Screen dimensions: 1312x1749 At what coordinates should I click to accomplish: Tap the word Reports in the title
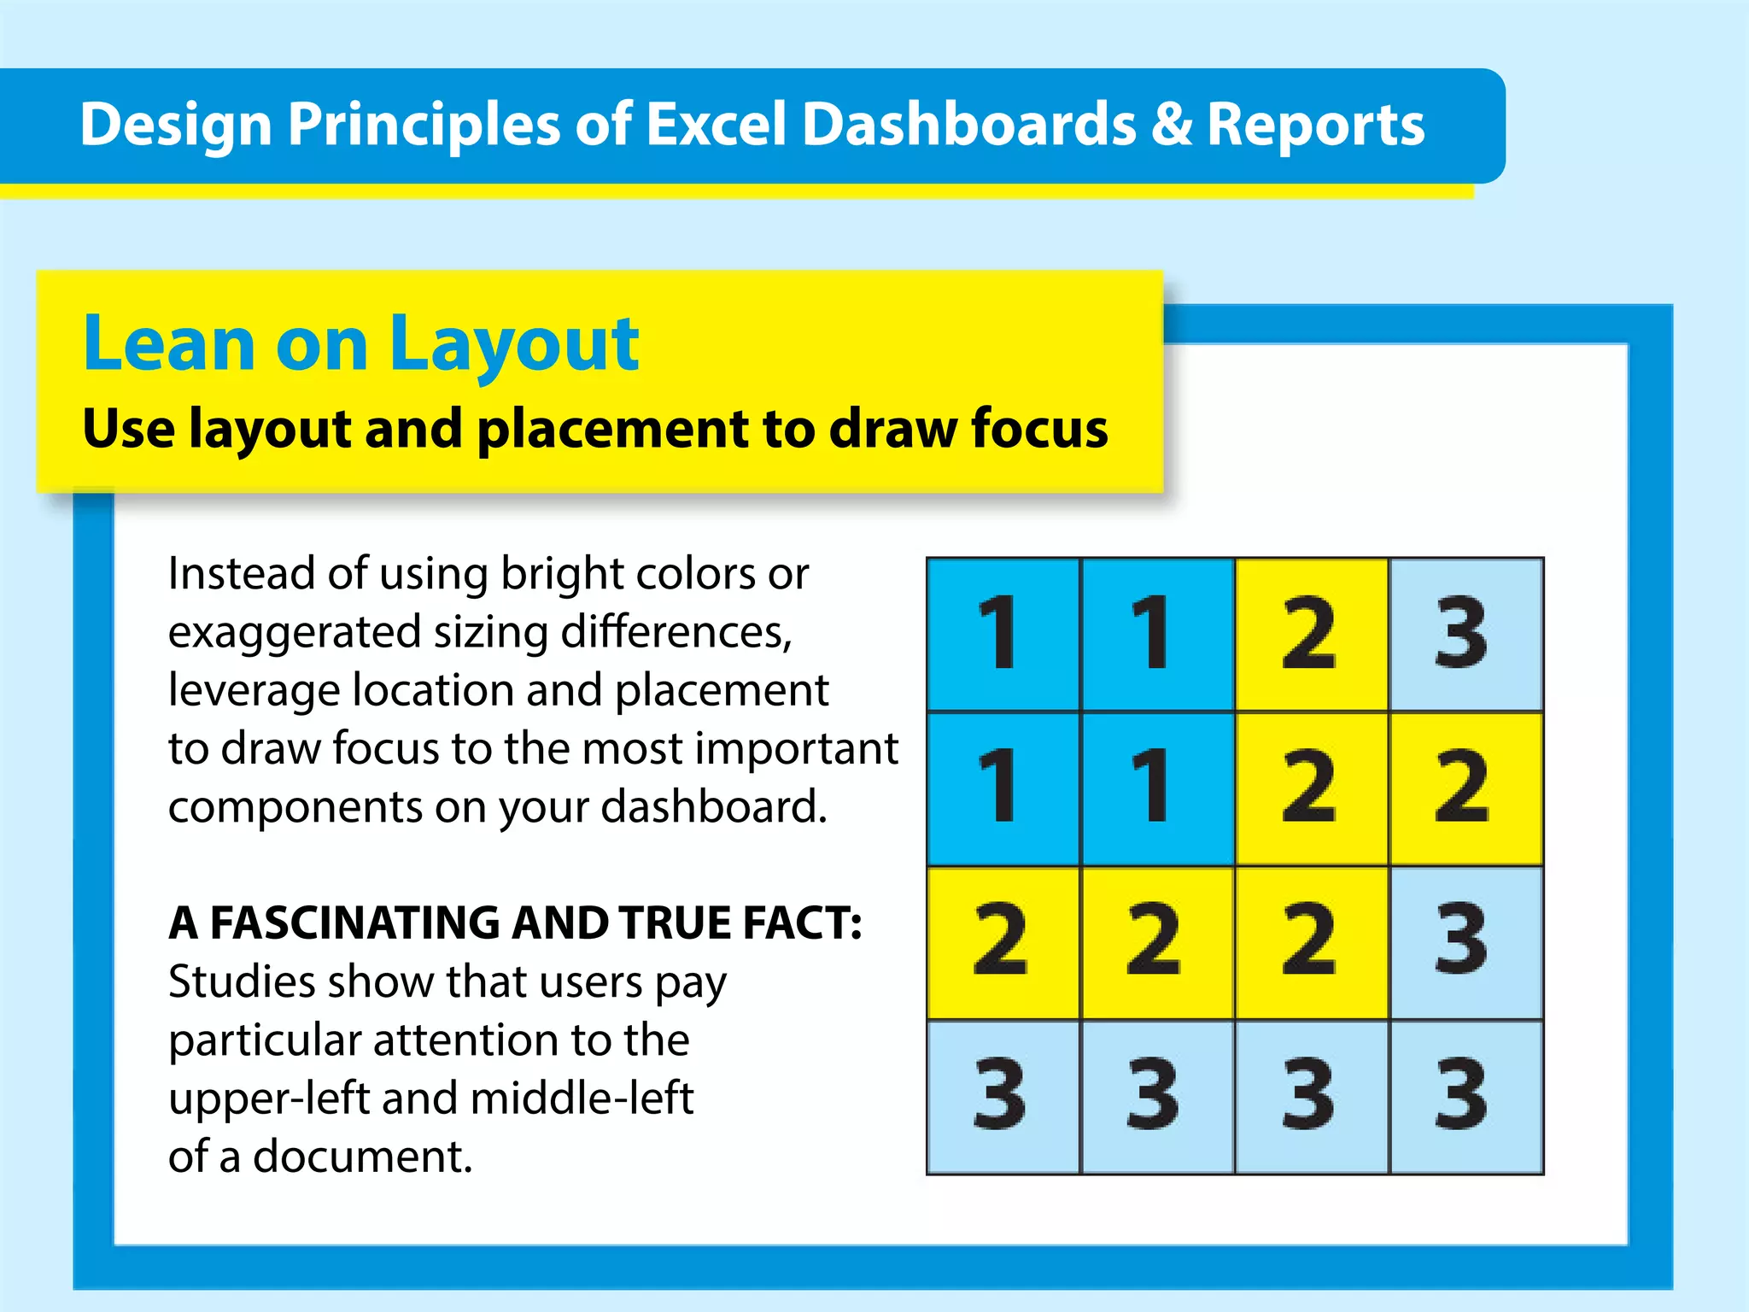pyautogui.click(x=1315, y=125)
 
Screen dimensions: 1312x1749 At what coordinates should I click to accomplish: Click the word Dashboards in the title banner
pyautogui.click(x=969, y=125)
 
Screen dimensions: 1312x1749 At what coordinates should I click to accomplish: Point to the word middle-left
pyautogui.click(x=582, y=1098)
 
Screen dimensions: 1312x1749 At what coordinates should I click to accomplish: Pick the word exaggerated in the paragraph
pyautogui.click(x=294, y=633)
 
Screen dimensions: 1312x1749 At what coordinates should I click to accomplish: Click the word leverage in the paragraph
pyautogui.click(x=254, y=691)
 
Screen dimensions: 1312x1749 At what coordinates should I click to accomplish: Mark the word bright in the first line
pyautogui.click(x=553, y=574)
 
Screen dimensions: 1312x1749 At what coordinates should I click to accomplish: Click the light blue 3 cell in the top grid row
pyautogui.click(x=1465, y=634)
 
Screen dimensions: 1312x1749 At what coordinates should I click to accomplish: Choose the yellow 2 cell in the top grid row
pyautogui.click(x=1311, y=634)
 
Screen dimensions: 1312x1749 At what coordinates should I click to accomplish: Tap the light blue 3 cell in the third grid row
pyautogui.click(x=1465, y=942)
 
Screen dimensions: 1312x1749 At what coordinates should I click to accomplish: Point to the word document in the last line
pyautogui.click(x=362, y=1157)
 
